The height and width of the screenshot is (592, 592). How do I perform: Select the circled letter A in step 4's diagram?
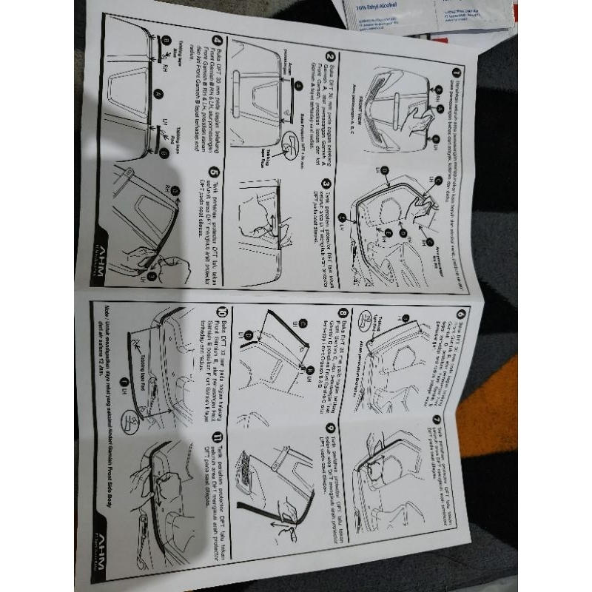click(x=158, y=94)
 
